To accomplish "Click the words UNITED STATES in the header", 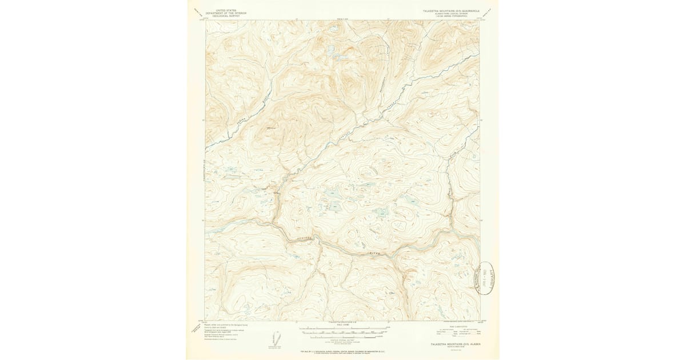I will (224, 10).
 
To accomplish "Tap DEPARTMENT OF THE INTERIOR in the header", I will (224, 13).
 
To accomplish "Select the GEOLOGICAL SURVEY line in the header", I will (224, 16).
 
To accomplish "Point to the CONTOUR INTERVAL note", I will (342, 339).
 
